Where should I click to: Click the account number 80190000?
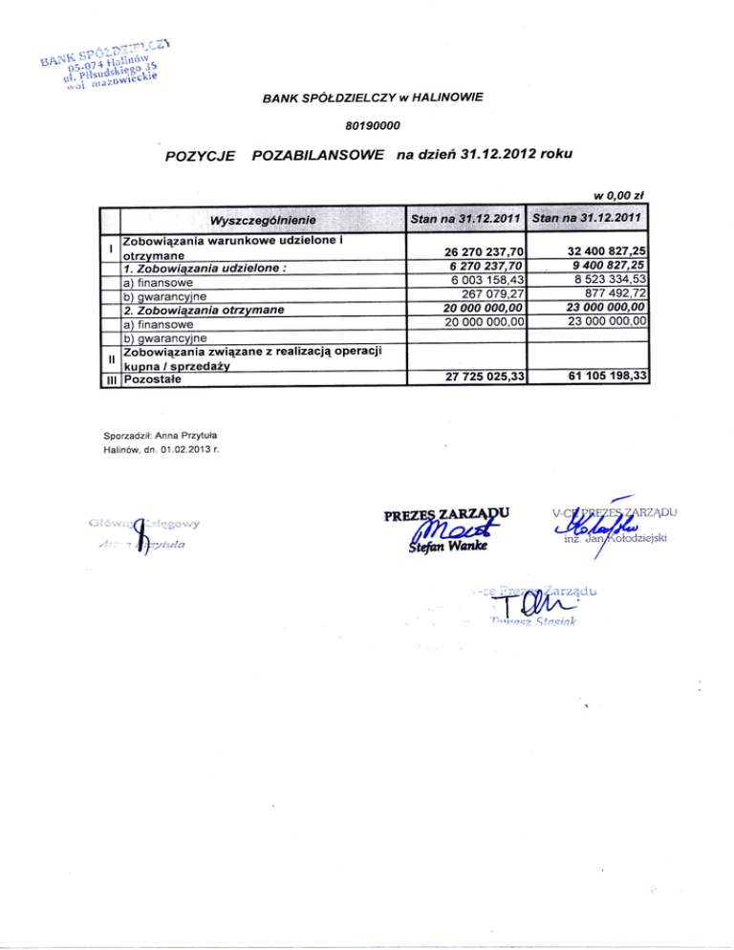click(373, 125)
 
